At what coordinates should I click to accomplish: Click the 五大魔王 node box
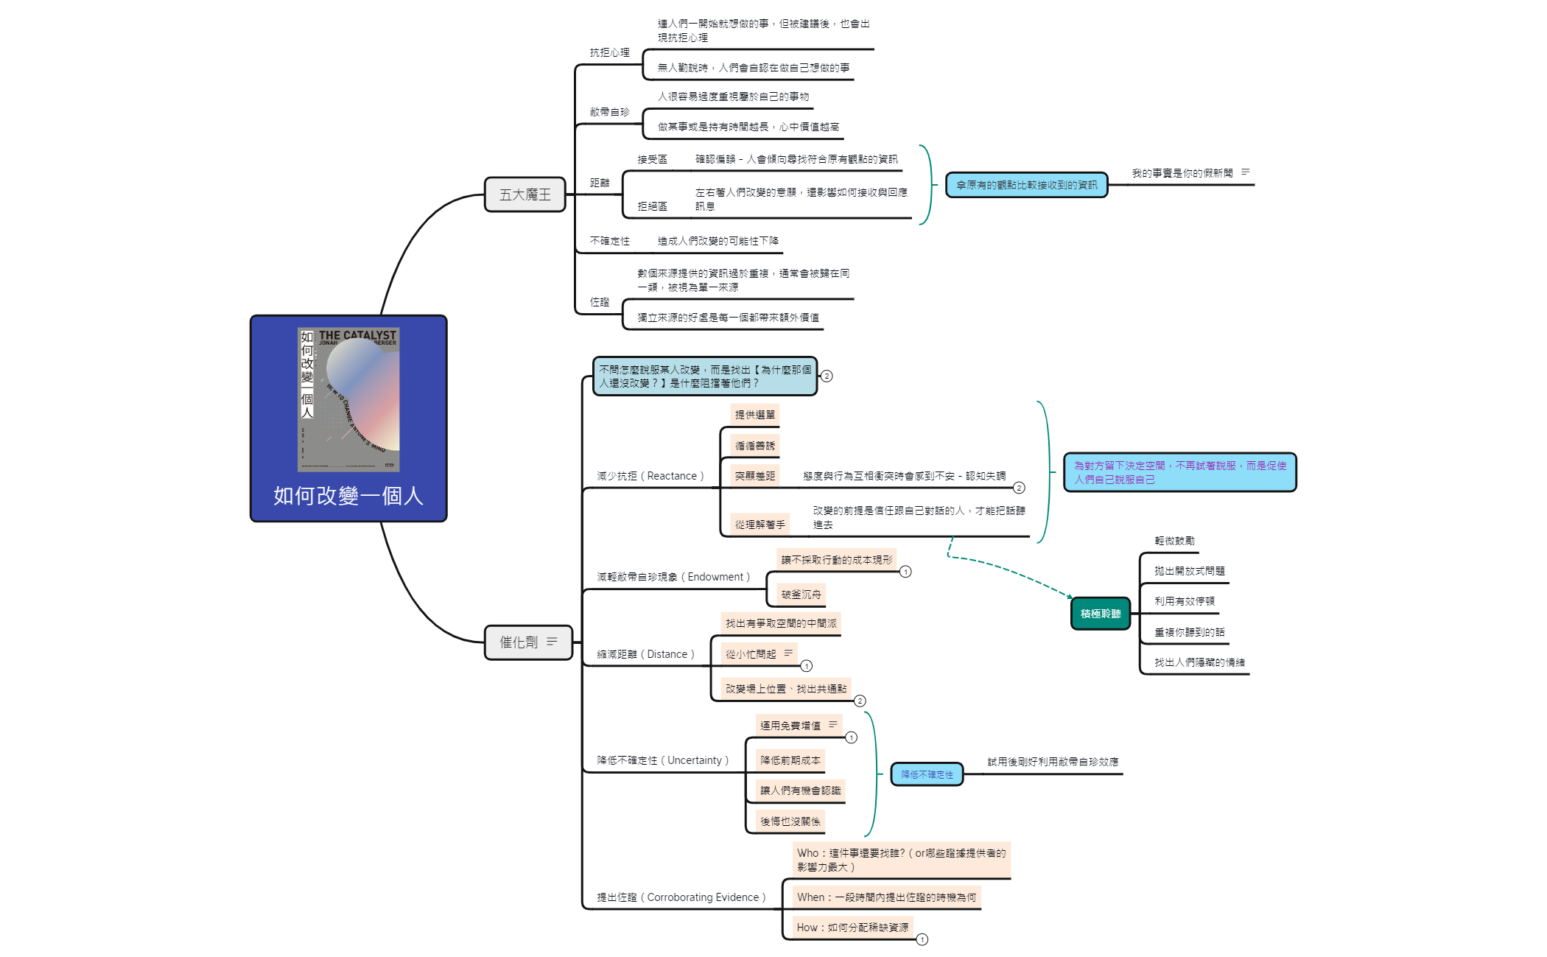click(x=525, y=194)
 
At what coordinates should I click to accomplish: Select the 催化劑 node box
click(x=527, y=642)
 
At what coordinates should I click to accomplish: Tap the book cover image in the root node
click(x=348, y=399)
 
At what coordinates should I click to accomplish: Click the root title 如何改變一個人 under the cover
click(x=348, y=496)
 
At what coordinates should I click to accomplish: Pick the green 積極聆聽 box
click(x=1101, y=614)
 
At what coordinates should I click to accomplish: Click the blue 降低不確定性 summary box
click(x=927, y=774)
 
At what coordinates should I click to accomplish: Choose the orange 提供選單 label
click(x=755, y=415)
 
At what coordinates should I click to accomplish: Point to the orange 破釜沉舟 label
click(x=801, y=595)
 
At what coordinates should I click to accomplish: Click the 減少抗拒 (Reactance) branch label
click(x=650, y=476)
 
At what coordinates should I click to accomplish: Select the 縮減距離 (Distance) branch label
click(x=645, y=654)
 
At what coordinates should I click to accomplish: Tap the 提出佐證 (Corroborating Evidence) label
click(x=681, y=897)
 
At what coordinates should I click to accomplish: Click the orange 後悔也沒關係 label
click(x=790, y=821)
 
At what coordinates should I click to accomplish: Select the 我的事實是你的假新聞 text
click(x=1182, y=173)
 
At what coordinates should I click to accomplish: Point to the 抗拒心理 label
click(x=609, y=52)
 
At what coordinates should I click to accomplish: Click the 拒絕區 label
click(x=652, y=206)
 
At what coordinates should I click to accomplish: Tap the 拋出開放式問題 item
click(x=1189, y=571)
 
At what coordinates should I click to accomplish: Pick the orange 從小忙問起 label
click(x=751, y=654)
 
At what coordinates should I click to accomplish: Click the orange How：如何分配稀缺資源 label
click(x=852, y=928)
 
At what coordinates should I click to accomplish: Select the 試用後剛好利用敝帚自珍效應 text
click(x=1053, y=762)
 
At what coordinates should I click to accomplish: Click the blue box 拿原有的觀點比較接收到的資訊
click(x=1026, y=185)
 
